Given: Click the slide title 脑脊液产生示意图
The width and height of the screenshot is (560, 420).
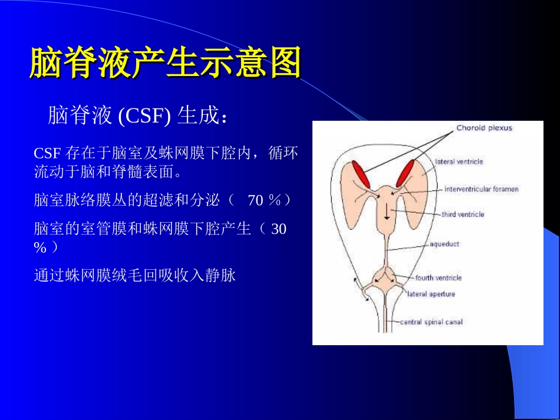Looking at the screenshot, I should [x=165, y=63].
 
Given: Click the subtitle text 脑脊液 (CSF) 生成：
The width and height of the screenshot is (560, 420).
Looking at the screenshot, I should [x=137, y=115].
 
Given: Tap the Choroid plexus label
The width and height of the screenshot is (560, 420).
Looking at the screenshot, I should [x=484, y=128].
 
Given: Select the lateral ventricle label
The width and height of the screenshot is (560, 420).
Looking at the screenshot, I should [x=459, y=161].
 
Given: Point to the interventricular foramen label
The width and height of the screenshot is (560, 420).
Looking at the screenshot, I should [x=481, y=189].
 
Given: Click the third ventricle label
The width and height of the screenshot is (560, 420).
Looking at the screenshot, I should [x=463, y=214].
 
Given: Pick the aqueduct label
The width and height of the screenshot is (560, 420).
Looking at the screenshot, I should [x=444, y=244].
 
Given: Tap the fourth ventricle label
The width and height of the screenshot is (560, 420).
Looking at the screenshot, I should [x=438, y=277].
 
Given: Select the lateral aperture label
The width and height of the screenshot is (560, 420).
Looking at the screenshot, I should [x=431, y=294].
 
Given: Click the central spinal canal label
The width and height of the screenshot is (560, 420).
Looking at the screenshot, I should [x=431, y=322].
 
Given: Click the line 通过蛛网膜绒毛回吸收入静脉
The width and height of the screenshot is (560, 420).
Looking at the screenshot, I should [x=135, y=275].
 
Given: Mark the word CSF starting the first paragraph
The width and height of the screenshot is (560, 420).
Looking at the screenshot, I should [x=47, y=154].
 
